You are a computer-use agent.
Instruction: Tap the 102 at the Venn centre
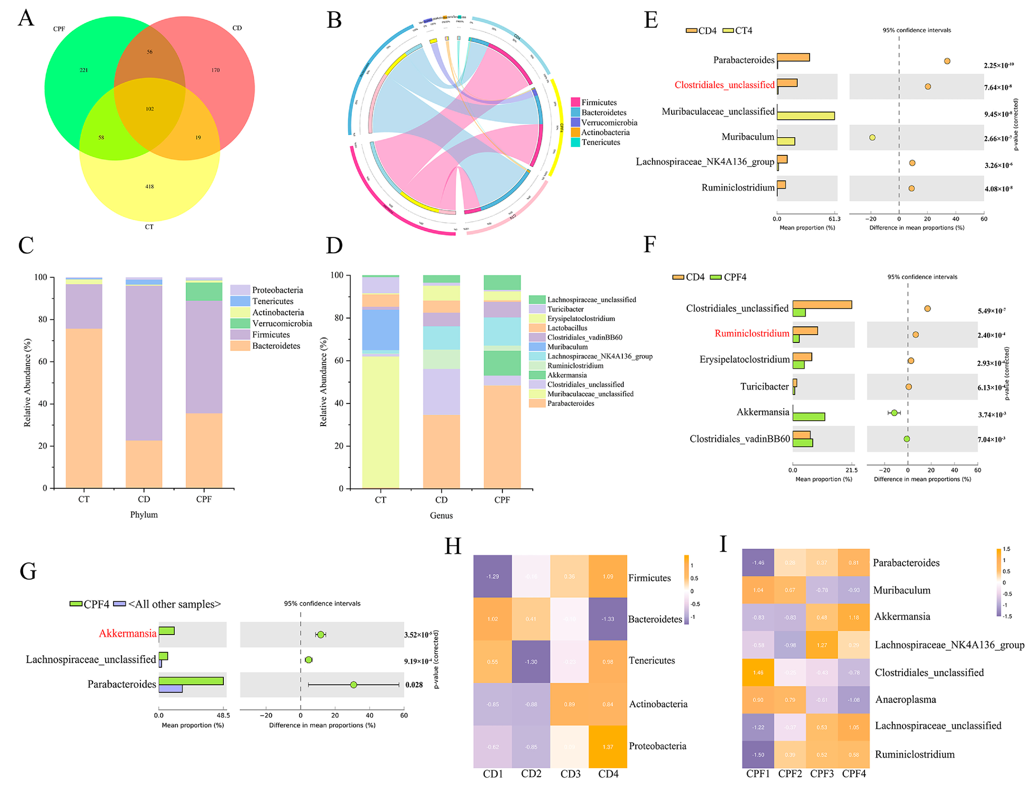click(x=150, y=109)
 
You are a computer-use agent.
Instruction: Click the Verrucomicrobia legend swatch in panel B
click(x=575, y=122)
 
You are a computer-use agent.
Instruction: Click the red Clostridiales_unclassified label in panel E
click(x=724, y=85)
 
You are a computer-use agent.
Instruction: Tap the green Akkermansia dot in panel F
click(x=894, y=413)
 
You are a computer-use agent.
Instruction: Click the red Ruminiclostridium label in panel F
click(x=752, y=333)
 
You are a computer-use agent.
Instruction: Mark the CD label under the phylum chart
click(x=144, y=499)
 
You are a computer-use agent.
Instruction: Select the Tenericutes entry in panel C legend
click(x=273, y=301)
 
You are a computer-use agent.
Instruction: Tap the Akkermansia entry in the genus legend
click(x=566, y=375)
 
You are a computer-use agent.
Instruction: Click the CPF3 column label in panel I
click(x=822, y=774)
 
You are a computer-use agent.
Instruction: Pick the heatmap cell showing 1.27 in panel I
click(x=822, y=645)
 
